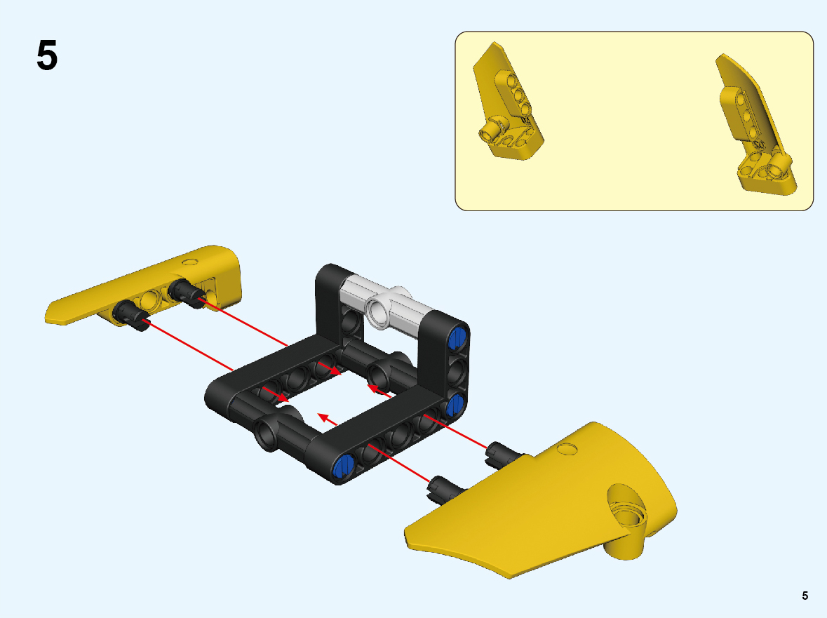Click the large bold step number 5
tap(47, 55)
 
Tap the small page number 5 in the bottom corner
tap(805, 596)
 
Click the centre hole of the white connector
tap(377, 311)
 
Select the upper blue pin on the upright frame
tap(457, 338)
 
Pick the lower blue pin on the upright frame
tap(455, 405)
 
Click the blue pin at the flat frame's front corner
tap(344, 465)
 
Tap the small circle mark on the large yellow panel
tap(567, 449)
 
